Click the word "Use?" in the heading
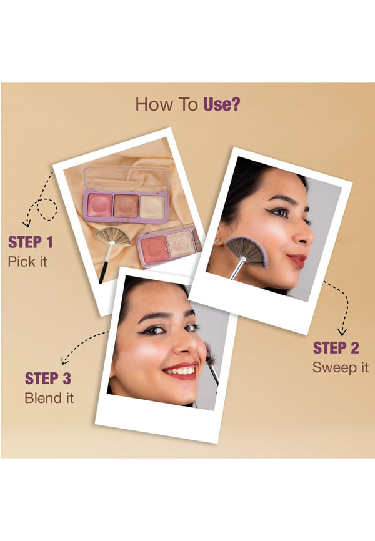(x=222, y=104)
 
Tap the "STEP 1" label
(x=31, y=242)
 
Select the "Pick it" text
(x=27, y=262)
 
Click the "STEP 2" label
(x=336, y=348)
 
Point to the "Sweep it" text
(x=341, y=367)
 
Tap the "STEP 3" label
(x=48, y=379)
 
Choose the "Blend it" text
(x=49, y=398)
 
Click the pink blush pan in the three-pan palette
(x=100, y=205)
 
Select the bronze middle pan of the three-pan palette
(x=126, y=206)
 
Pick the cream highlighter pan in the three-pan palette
(x=152, y=207)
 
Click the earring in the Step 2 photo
(x=219, y=240)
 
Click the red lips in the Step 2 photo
(x=297, y=260)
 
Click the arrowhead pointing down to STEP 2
(x=342, y=332)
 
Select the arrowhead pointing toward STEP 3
(x=64, y=361)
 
